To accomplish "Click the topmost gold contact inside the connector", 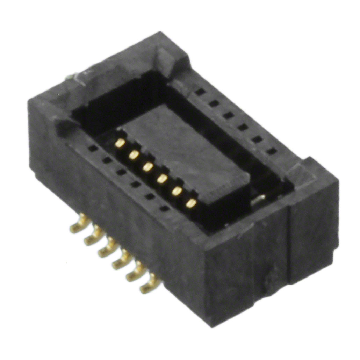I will click(x=120, y=143).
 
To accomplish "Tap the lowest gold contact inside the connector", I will click(x=191, y=203).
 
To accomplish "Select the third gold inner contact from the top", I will click(x=148, y=167).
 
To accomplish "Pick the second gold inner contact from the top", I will click(x=134, y=155).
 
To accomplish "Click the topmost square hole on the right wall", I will click(x=200, y=92).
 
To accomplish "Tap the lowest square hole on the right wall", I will click(x=272, y=151).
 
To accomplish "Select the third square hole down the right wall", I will click(x=229, y=115).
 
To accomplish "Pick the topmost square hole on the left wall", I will click(x=93, y=148).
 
